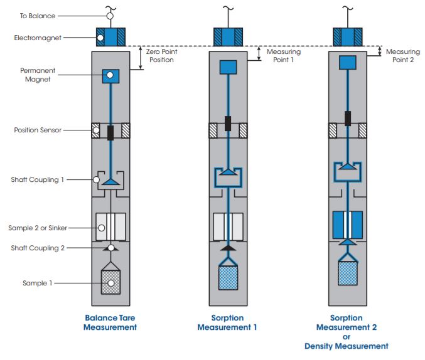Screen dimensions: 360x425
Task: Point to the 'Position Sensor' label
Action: click(x=38, y=131)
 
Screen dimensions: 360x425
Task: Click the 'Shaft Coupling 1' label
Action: click(x=38, y=179)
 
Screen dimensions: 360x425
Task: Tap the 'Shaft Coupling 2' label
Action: click(x=38, y=248)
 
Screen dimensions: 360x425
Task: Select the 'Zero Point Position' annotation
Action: click(x=161, y=56)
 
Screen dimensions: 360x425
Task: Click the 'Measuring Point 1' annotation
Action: click(x=284, y=56)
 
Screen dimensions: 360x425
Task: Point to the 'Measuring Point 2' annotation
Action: click(x=402, y=56)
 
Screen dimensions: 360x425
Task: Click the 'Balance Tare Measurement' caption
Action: click(x=110, y=322)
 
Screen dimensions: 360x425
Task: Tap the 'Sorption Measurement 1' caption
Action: click(x=227, y=322)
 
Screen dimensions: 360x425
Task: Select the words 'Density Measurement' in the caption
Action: click(x=346, y=346)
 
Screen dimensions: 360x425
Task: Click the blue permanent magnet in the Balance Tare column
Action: click(x=110, y=76)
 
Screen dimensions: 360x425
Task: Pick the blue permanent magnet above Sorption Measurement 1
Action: click(x=227, y=67)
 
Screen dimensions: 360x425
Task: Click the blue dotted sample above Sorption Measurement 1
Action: click(x=227, y=277)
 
